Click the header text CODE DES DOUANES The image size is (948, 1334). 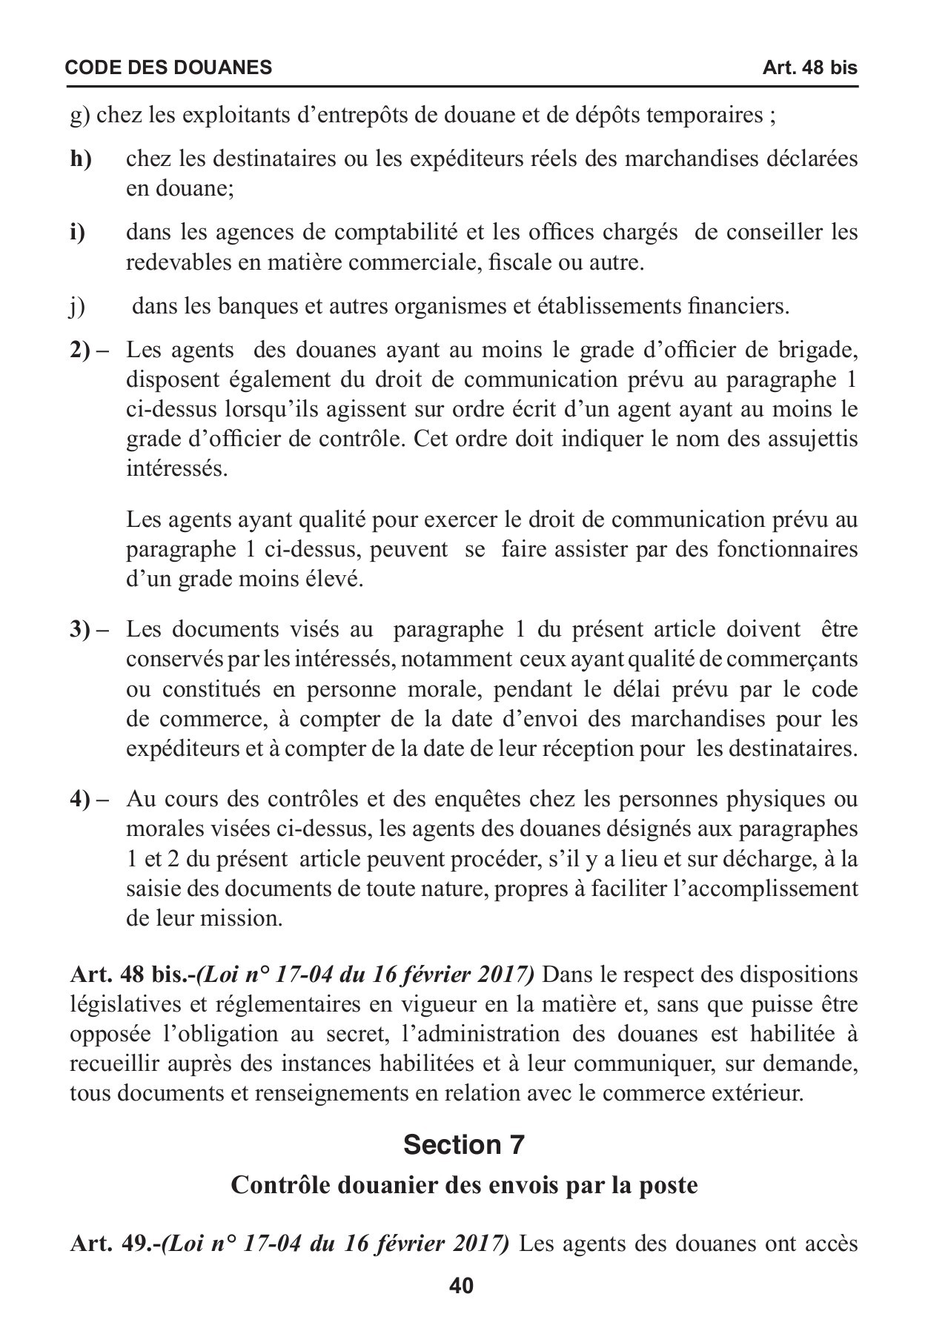pyautogui.click(x=168, y=68)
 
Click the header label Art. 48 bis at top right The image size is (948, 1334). pyautogui.click(x=809, y=68)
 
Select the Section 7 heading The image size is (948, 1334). pyautogui.click(x=464, y=1145)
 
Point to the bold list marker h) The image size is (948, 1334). pyautogui.click(x=81, y=159)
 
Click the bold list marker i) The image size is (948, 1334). pyautogui.click(x=78, y=233)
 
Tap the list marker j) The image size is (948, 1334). pyautogui.click(x=78, y=306)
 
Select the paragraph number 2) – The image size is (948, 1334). pyautogui.click(x=90, y=350)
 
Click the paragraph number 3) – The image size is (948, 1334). pyautogui.click(x=90, y=630)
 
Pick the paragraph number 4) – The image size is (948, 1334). pyautogui.click(x=90, y=800)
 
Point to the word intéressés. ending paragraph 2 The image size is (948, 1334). pyautogui.click(x=176, y=469)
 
